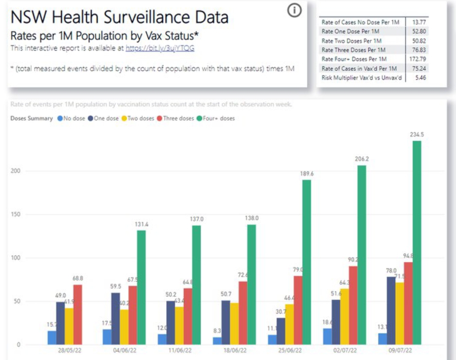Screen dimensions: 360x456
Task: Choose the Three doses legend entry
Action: pos(175,118)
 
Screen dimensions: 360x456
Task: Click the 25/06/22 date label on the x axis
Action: pos(290,351)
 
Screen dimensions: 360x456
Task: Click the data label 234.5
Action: pos(417,134)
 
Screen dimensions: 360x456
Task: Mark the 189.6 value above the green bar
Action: pos(306,173)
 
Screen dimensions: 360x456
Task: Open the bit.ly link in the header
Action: pos(160,49)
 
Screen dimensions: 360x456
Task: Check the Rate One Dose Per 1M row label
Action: pos(351,31)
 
